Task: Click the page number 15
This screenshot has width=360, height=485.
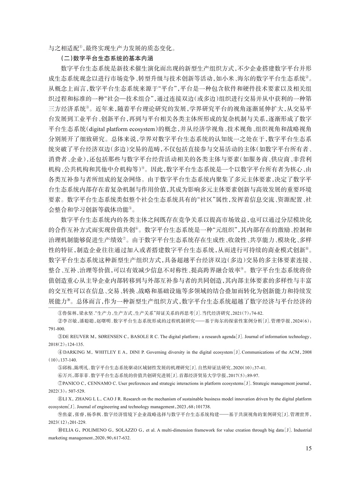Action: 308,448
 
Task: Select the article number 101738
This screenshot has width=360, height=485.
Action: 203,406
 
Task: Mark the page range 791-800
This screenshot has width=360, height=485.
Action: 57,328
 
